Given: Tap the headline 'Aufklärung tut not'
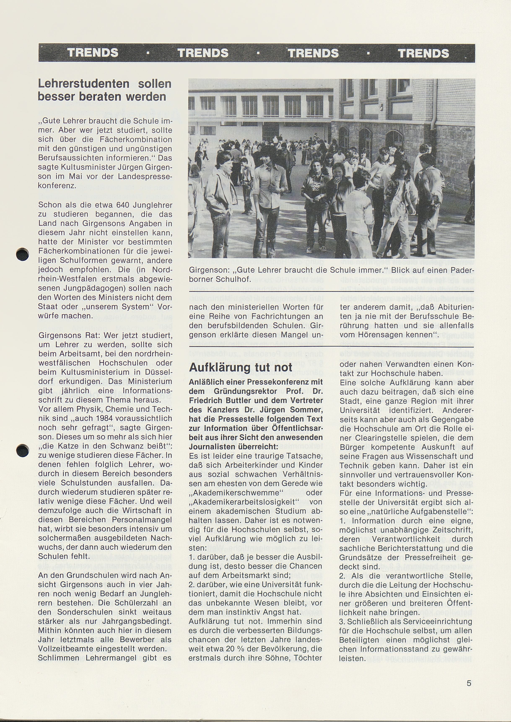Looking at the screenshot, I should point(241,367).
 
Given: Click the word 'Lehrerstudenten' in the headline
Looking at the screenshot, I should point(84,84).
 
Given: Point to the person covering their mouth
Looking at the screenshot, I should point(339,181).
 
